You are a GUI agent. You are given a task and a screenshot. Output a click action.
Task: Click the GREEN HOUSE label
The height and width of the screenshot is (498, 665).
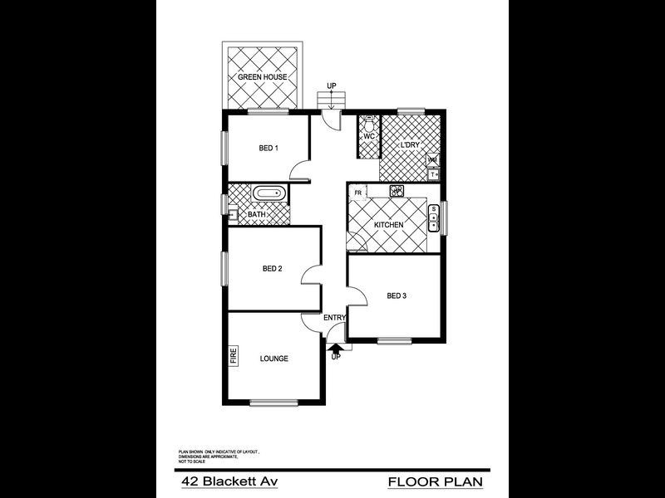[263, 77]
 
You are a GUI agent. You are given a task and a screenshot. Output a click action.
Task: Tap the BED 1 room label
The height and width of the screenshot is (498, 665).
[268, 149]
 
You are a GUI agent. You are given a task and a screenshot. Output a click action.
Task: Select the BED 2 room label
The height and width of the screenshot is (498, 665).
[273, 268]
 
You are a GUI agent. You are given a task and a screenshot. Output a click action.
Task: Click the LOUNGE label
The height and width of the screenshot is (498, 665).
[274, 359]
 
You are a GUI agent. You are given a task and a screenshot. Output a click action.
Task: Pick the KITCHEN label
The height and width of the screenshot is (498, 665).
[388, 226]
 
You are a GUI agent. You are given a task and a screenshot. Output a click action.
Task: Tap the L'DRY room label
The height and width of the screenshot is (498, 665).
[410, 146]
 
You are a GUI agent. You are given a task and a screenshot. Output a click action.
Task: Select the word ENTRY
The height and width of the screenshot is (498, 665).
[334, 318]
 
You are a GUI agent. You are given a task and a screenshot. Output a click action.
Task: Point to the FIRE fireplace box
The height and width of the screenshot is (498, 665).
[234, 356]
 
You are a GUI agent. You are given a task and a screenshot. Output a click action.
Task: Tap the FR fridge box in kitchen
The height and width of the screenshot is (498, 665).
[357, 193]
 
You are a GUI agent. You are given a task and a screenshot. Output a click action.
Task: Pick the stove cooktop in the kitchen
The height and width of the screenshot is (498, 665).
[397, 191]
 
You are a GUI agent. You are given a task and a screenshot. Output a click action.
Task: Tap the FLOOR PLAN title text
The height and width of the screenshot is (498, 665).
[435, 481]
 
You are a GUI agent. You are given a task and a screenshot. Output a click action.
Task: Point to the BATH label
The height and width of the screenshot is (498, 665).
[257, 215]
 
